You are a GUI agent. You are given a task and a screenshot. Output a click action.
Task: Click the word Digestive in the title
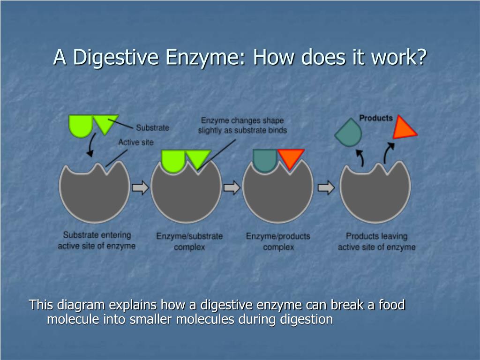(x=116, y=57)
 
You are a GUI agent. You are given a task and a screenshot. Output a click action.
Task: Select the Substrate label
(x=152, y=127)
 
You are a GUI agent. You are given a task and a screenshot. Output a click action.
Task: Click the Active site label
(x=136, y=142)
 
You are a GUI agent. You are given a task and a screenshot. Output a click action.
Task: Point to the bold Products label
(x=376, y=118)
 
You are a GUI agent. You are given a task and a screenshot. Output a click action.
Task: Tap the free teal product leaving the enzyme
(x=349, y=132)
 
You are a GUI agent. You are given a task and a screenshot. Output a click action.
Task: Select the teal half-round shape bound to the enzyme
(x=265, y=160)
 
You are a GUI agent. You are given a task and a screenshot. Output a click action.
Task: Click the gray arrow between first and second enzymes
(x=140, y=187)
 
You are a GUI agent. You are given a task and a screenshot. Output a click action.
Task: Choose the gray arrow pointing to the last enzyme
(x=326, y=187)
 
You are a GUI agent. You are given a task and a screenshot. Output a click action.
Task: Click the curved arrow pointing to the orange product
(x=388, y=153)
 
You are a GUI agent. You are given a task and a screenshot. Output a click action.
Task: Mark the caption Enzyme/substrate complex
(x=189, y=241)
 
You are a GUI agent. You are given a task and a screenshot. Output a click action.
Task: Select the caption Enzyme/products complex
(x=278, y=241)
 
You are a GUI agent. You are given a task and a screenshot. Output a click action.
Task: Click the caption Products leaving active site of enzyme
(x=376, y=241)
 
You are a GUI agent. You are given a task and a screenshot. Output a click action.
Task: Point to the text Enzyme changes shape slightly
(x=242, y=125)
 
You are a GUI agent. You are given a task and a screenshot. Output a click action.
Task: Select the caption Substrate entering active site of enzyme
(x=97, y=240)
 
